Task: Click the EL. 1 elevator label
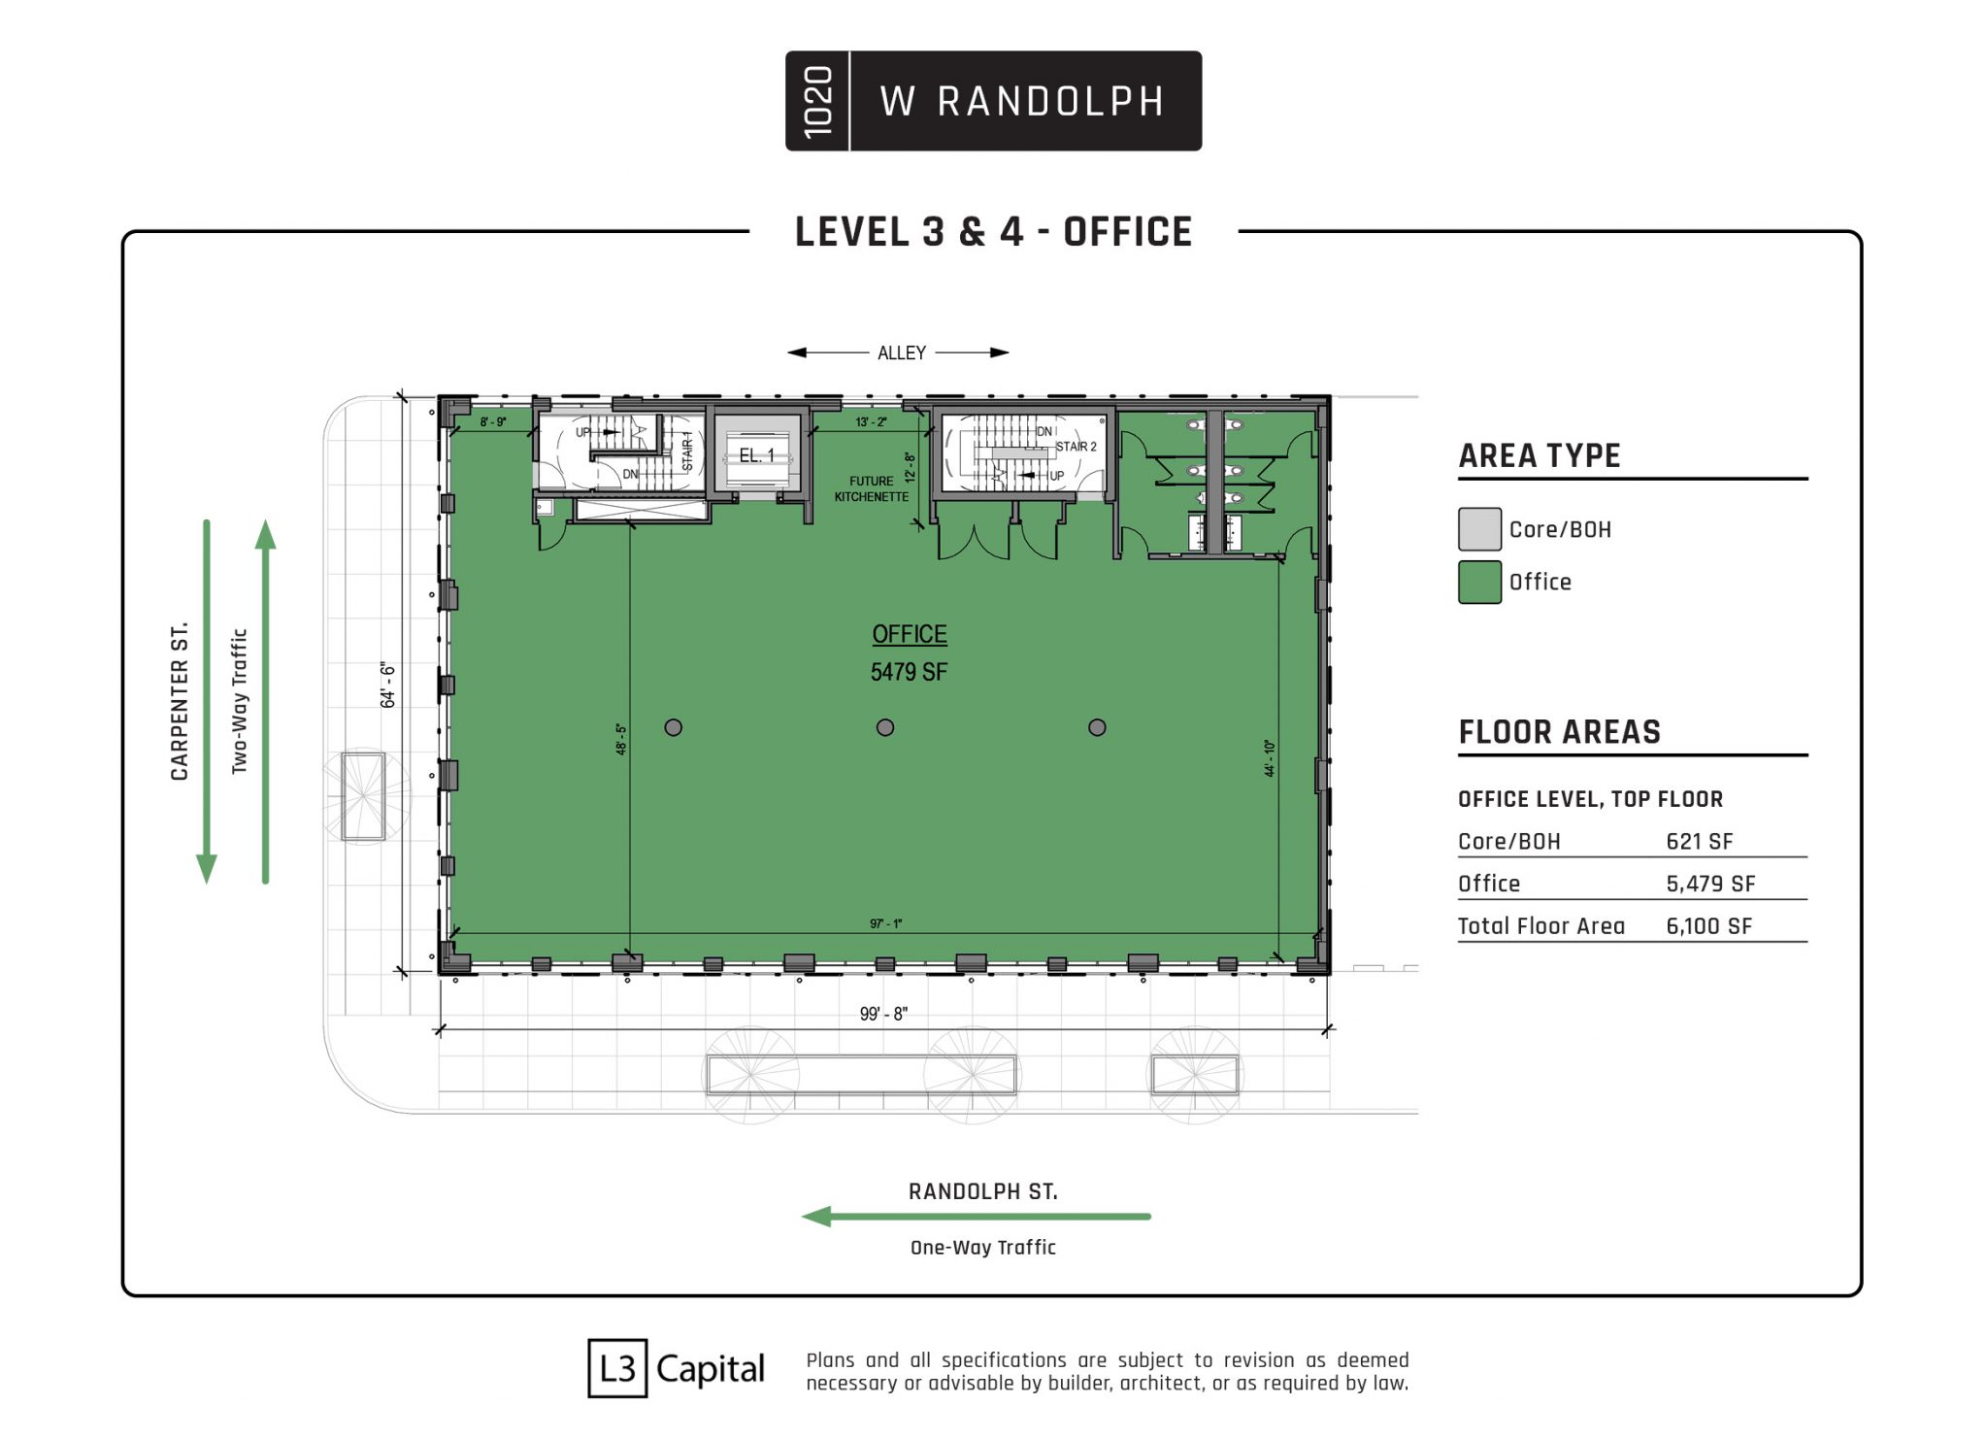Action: click(757, 455)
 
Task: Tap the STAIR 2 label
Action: click(1077, 447)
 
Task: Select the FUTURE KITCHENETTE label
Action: click(872, 488)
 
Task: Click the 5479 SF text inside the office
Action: click(909, 672)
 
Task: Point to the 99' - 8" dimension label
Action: click(883, 1014)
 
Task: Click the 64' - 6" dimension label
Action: click(388, 685)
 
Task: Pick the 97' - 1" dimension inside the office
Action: click(886, 923)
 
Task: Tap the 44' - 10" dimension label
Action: click(1270, 758)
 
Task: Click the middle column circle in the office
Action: click(885, 727)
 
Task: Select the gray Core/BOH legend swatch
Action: click(1479, 529)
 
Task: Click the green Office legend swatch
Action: click(1479, 582)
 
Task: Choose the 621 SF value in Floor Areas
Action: click(1700, 842)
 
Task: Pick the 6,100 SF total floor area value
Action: click(1709, 926)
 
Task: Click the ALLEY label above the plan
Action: click(902, 352)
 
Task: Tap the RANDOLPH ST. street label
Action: click(983, 1191)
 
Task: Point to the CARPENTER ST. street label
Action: click(180, 701)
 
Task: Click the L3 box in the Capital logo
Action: click(617, 1369)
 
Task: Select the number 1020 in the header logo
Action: click(818, 101)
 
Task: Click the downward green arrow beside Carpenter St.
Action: click(207, 701)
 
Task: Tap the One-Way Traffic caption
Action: click(983, 1248)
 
